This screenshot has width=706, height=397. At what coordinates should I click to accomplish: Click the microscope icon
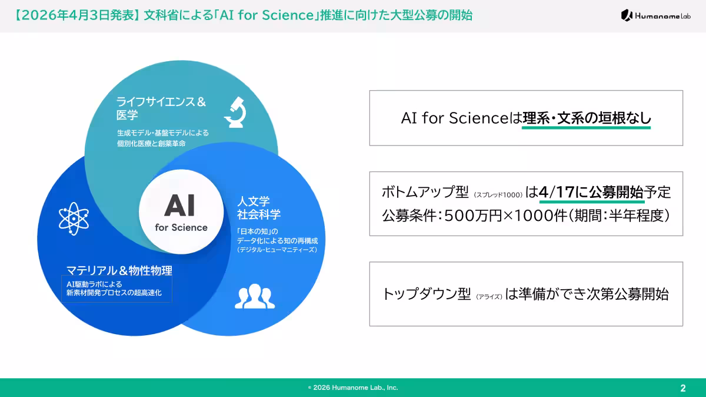pyautogui.click(x=235, y=112)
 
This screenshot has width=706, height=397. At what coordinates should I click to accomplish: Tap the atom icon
pyautogui.click(x=74, y=219)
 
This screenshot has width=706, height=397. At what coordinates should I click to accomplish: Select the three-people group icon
pyautogui.click(x=255, y=296)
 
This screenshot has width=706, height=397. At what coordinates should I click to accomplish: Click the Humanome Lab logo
pyautogui.click(x=655, y=15)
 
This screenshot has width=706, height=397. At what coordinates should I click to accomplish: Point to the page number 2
pyautogui.click(x=683, y=388)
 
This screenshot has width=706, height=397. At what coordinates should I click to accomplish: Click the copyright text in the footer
pyautogui.click(x=353, y=388)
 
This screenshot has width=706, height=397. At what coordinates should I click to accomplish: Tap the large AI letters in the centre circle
pyautogui.click(x=180, y=206)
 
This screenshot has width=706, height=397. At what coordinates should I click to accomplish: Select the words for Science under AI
pyautogui.click(x=181, y=227)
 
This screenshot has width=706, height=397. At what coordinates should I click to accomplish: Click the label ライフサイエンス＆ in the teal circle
pyautogui.click(x=161, y=102)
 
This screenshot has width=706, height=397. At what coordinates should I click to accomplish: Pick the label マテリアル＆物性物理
pyautogui.click(x=119, y=270)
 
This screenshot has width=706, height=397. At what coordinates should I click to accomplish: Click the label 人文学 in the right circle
pyautogui.click(x=254, y=201)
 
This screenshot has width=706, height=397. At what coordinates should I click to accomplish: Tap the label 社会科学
pyautogui.click(x=259, y=214)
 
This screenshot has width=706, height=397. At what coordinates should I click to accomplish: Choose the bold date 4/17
pyautogui.click(x=557, y=192)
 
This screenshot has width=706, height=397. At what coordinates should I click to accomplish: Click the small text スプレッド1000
pyautogui.click(x=498, y=195)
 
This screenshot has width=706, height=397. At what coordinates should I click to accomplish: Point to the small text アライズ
pyautogui.click(x=489, y=297)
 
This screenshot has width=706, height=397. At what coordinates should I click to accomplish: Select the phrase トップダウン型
pyautogui.click(x=427, y=294)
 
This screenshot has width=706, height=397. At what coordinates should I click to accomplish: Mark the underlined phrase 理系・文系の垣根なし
pyautogui.click(x=587, y=118)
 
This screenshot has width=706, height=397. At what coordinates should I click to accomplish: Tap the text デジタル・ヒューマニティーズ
pyautogui.click(x=277, y=250)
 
